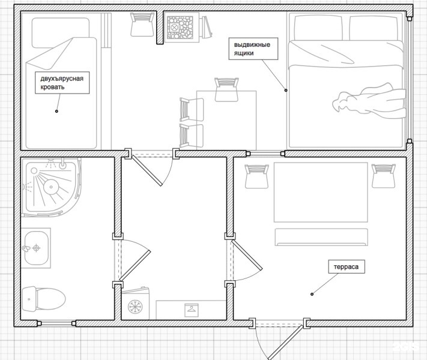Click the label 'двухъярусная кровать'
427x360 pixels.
coord(62,83)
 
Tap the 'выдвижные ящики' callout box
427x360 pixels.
coord(253,49)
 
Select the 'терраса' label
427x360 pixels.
coord(346,267)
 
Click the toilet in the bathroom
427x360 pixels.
coord(44,299)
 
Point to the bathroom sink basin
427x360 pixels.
coord(36,248)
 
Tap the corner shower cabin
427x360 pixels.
coord(51,187)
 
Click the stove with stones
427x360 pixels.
coord(180,28)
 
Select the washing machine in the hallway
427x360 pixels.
coord(135,304)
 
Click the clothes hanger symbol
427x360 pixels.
coord(192,310)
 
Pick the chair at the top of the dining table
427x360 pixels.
coord(226,89)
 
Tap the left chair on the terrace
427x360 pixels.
coord(256,176)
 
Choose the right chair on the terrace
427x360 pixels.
coord(383,176)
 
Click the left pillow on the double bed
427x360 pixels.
coord(318,28)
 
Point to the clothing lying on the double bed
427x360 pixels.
coord(368,101)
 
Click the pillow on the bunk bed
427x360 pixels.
coord(61,32)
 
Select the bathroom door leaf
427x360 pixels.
coord(135,266)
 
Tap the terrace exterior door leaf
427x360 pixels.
coord(285,342)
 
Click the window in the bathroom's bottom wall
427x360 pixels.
coord(56,323)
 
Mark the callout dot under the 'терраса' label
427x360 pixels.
coord(312,294)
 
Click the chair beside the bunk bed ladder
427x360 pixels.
coord(141,25)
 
